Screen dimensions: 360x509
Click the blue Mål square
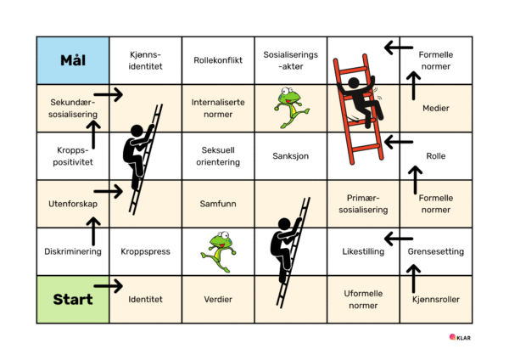pyautogui.click(x=73, y=60)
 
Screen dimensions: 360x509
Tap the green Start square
pyautogui.click(x=73, y=299)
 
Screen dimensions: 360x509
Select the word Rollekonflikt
pyautogui.click(x=218, y=60)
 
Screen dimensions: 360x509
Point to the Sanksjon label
pyautogui.click(x=291, y=156)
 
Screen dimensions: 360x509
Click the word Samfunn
pyautogui.click(x=218, y=204)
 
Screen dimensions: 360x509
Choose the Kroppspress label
pyautogui.click(x=145, y=252)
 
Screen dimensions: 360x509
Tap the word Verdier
pyautogui.click(x=218, y=299)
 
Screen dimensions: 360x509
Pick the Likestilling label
pyautogui.click(x=363, y=252)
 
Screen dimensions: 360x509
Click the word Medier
pyautogui.click(x=436, y=109)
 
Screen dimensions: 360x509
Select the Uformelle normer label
pyautogui.click(x=363, y=299)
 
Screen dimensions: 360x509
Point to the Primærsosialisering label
pyautogui.click(x=363, y=204)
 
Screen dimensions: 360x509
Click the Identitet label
pyautogui.click(x=145, y=299)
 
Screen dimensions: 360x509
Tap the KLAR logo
pyautogui.click(x=461, y=337)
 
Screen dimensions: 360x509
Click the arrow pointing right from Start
pyautogui.click(x=109, y=286)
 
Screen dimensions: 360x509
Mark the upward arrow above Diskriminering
pyautogui.click(x=94, y=230)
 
